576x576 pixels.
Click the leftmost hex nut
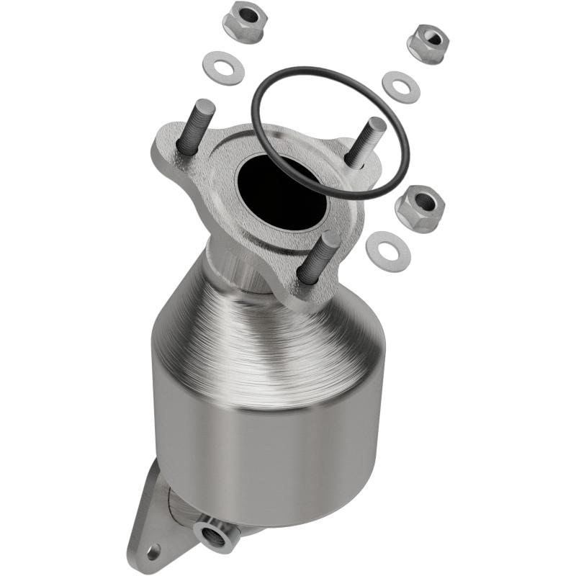[243, 22]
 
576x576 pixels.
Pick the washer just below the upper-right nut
[400, 86]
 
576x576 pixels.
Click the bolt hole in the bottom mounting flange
[151, 553]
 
